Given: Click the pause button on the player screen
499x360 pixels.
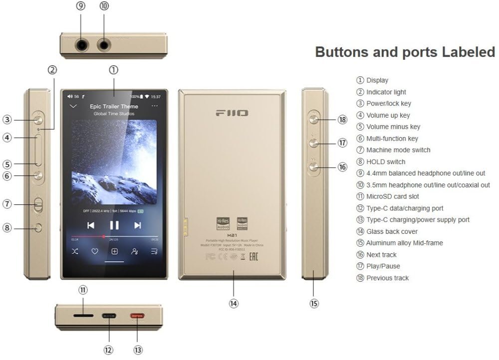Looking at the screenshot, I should point(114,225).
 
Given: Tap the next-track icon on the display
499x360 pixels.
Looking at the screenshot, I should point(138,225).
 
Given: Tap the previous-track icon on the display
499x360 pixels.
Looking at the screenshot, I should point(91,225).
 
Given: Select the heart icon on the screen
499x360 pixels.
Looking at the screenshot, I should point(94,251).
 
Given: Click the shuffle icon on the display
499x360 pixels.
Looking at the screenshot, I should point(74,251).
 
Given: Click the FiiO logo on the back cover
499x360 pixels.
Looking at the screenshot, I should point(232,113).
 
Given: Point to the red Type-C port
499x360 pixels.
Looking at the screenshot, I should point(137,316).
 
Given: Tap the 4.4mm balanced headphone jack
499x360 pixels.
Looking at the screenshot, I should point(82,45).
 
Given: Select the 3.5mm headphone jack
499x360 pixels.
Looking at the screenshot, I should point(104,45).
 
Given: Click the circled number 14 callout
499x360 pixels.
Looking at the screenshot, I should point(234,303).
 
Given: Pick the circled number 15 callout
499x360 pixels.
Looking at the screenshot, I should point(314,303).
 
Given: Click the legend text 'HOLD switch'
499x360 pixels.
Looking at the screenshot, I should point(385,162).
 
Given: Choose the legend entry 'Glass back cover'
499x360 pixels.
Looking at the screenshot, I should point(392,231).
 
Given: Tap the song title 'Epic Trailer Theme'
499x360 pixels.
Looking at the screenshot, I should point(114,106).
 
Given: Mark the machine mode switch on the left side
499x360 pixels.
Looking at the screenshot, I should point(38,203).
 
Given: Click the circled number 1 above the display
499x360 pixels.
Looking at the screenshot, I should point(114,70).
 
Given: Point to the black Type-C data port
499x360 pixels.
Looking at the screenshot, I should point(109,316).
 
